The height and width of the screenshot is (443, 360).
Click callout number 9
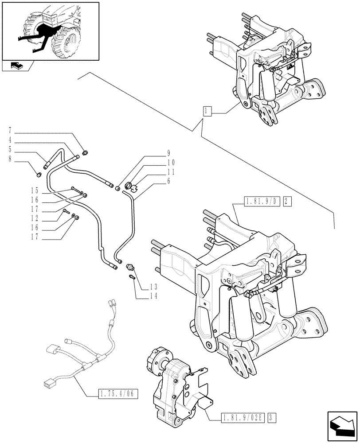pyautogui.click(x=168, y=154)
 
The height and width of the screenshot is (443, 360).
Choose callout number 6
pyautogui.click(x=168, y=182)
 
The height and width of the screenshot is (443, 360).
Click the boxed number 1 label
pyautogui.click(x=207, y=111)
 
